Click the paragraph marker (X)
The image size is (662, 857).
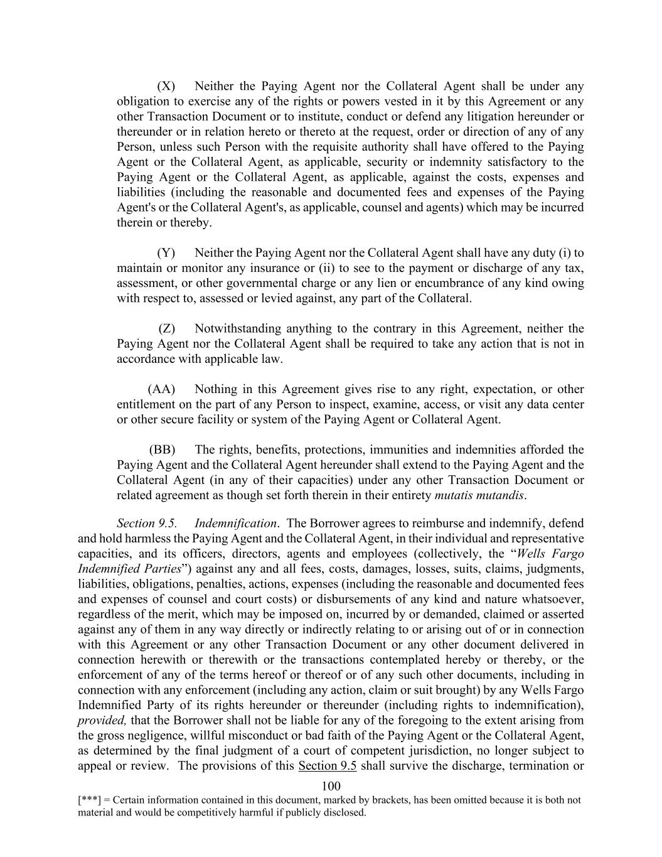166,86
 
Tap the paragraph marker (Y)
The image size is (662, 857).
166,253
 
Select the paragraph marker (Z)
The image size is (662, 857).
166,328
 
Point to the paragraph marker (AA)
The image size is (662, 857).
161,389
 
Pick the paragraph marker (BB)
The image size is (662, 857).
162,450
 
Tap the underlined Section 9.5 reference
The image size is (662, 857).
328,765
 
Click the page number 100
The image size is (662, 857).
331,786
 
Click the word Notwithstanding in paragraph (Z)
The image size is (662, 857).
238,328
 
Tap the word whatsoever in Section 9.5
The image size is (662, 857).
553,599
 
